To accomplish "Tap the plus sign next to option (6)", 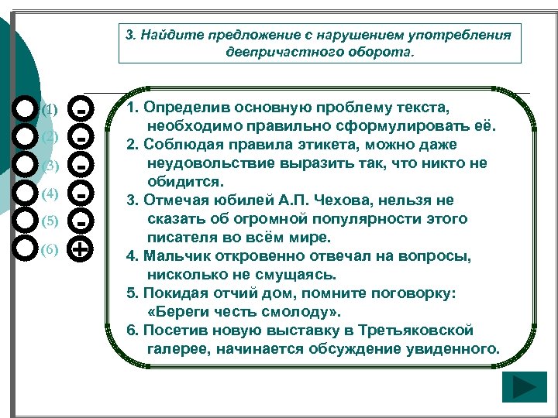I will coord(81,249).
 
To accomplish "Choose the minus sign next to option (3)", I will coord(81,165).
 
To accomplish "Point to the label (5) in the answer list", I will coord(50,221).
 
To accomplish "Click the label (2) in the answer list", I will coord(50,137).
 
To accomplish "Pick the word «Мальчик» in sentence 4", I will coord(174,256).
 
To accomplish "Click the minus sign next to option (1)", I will coord(81,109).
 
